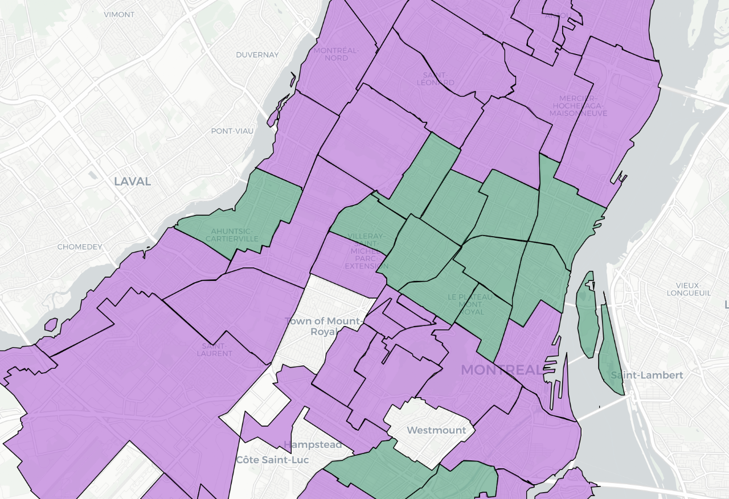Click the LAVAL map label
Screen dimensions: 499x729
point(132,182)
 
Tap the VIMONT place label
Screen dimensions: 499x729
point(119,14)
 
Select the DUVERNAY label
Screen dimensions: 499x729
point(257,55)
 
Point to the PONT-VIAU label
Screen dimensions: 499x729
point(232,131)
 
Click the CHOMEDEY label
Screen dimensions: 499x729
point(80,247)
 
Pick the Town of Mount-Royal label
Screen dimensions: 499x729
point(323,326)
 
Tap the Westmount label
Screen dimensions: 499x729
point(437,430)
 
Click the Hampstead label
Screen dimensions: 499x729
point(313,444)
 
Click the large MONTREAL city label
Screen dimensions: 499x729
point(502,370)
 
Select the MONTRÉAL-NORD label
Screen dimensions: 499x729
point(337,53)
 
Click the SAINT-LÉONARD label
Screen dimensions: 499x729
point(436,79)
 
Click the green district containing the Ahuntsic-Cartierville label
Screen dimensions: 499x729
point(268,199)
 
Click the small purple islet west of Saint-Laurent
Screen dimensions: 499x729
point(51,325)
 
